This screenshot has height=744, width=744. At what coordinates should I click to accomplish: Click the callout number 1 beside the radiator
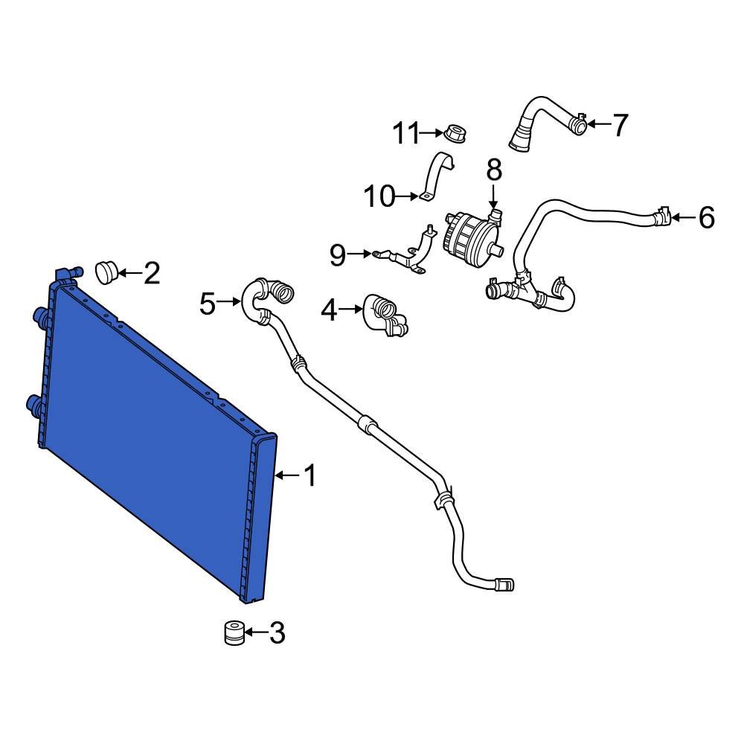(310, 475)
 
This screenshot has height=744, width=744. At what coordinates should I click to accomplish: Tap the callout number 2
(151, 274)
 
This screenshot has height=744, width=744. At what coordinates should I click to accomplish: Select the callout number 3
(276, 633)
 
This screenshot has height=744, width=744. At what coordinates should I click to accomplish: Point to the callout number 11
(407, 134)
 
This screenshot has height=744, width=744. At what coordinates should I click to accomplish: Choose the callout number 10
(379, 197)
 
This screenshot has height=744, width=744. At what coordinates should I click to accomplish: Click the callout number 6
(706, 218)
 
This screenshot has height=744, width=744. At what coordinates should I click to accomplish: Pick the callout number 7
(620, 125)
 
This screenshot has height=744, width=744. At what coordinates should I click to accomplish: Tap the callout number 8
(494, 171)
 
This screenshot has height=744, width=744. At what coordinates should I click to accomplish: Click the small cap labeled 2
(108, 272)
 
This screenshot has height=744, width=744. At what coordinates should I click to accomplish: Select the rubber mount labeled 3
(234, 633)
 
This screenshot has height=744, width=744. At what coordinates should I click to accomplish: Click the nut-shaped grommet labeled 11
(455, 135)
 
